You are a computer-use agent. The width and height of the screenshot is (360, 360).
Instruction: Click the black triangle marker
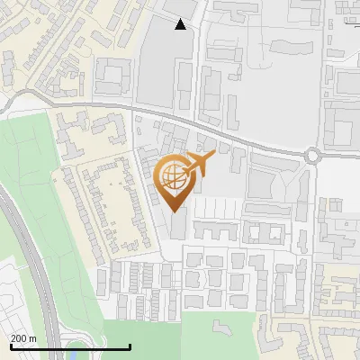(181, 24)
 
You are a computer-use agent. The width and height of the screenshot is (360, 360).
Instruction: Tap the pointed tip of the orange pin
(175, 211)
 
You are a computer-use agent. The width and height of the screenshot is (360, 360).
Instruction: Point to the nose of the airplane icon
(211, 156)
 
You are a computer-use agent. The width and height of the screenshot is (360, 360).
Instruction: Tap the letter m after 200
(32, 338)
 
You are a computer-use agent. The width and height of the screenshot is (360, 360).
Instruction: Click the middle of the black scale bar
(69, 346)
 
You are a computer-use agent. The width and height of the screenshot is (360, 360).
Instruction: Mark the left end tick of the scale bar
(9, 346)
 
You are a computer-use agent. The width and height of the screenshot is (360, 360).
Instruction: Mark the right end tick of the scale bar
(130, 346)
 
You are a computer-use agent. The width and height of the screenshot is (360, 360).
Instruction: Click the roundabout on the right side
(313, 155)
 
